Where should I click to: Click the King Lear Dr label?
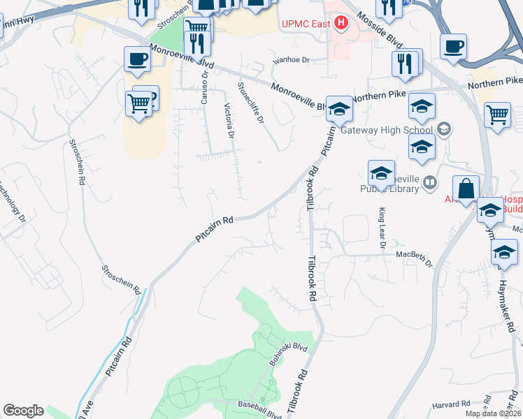[x=382, y=228]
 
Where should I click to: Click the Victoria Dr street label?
[x=227, y=119]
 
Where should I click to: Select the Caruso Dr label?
[x=206, y=87]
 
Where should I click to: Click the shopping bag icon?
[x=466, y=189]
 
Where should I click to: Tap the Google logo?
[x=23, y=411]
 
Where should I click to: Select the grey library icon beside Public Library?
[x=430, y=183]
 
